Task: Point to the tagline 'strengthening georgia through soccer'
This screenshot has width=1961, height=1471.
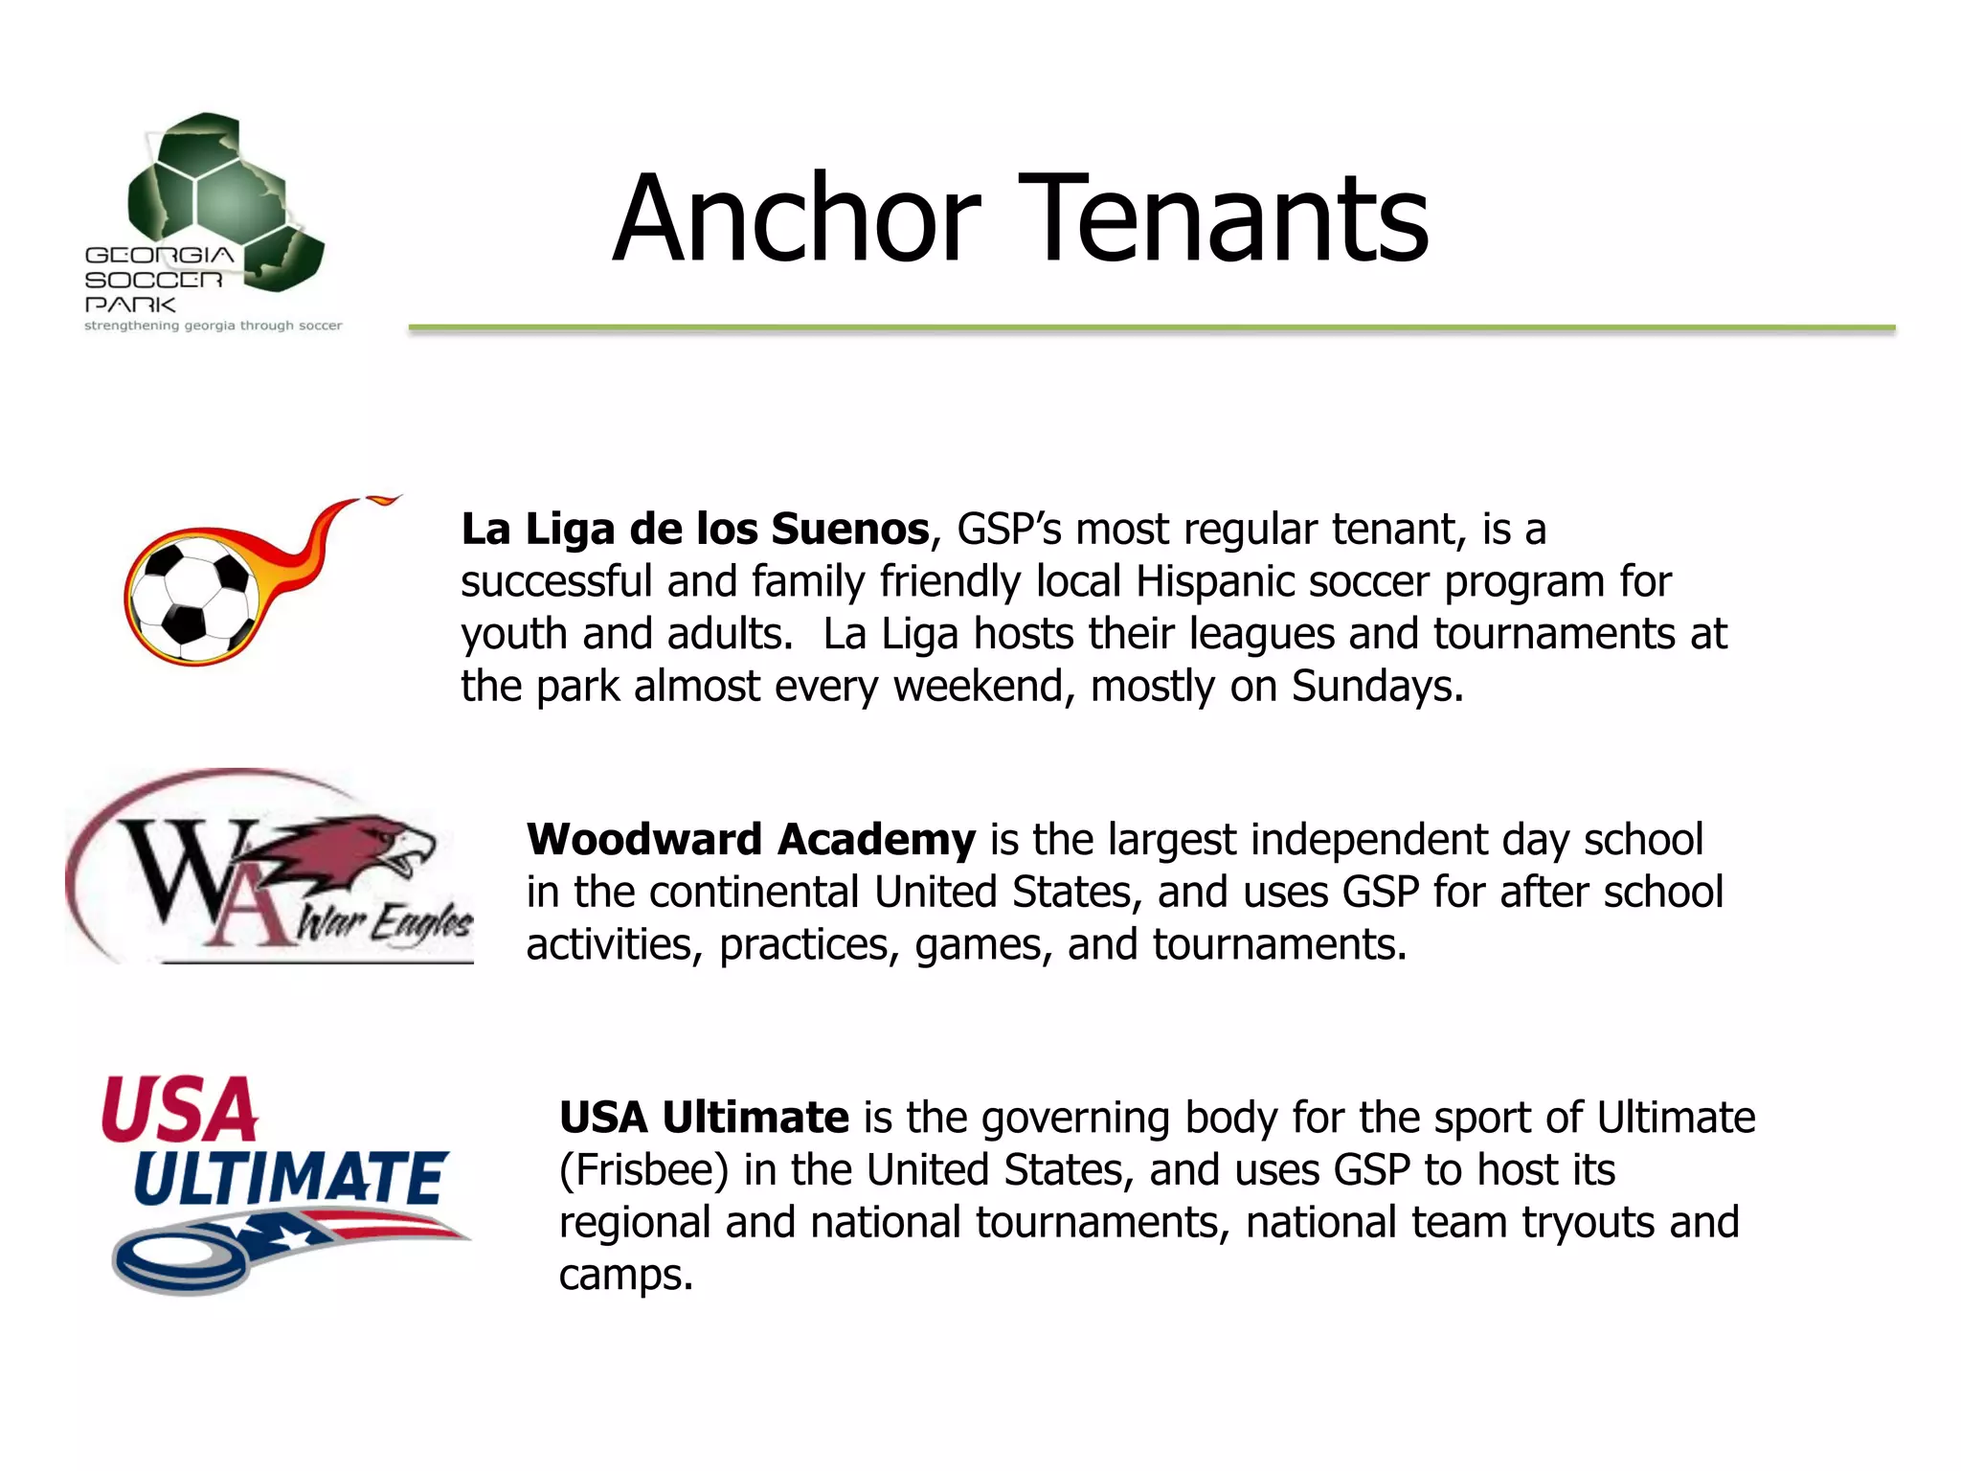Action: pyautogui.click(x=213, y=326)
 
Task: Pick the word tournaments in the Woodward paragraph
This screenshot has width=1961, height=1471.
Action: pyautogui.click(x=1279, y=945)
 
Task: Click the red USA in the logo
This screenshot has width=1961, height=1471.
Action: pyautogui.click(x=180, y=1111)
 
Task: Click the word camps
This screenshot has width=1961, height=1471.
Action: pyautogui.click(x=625, y=1276)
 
